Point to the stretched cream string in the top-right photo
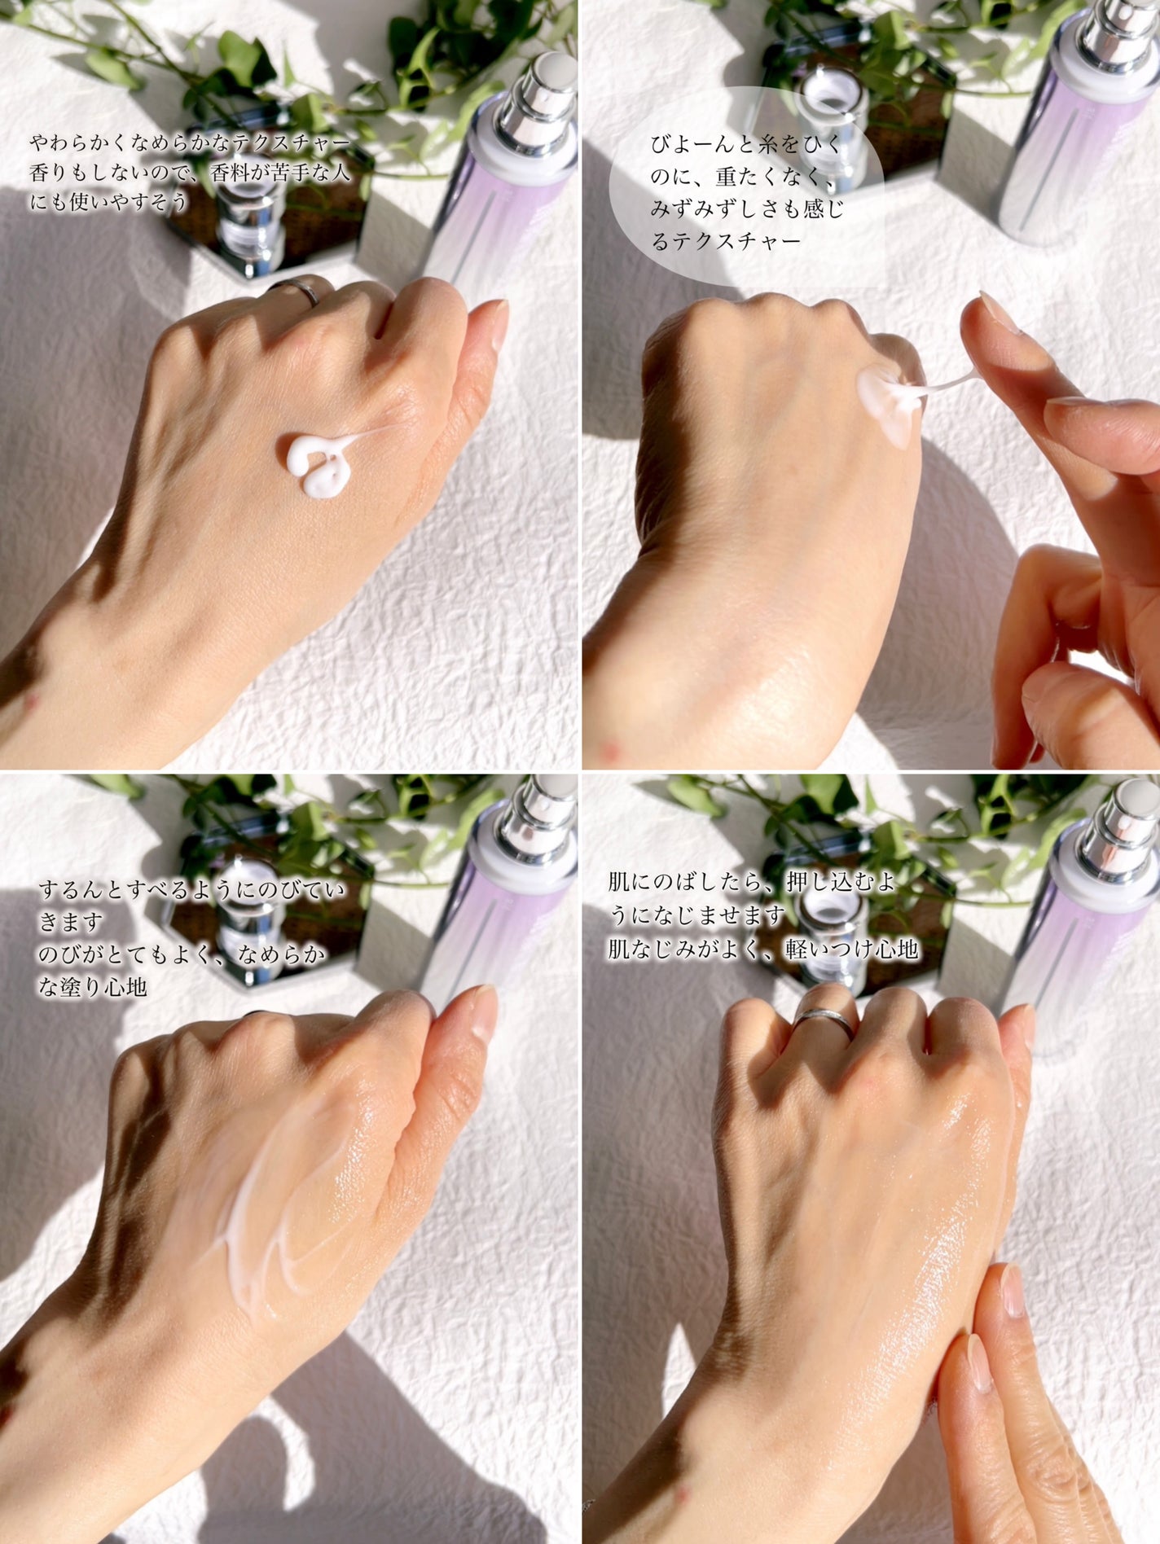click(945, 383)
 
